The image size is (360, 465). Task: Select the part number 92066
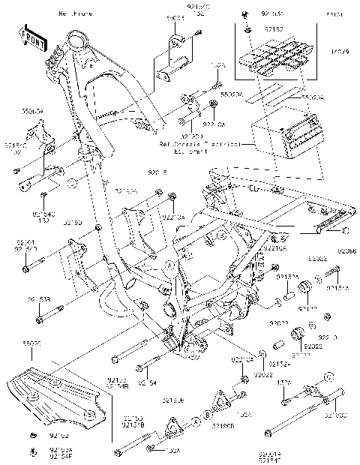tap(346, 251)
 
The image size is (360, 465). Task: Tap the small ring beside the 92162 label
tap(34, 435)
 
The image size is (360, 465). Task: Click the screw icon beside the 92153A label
tap(34, 450)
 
